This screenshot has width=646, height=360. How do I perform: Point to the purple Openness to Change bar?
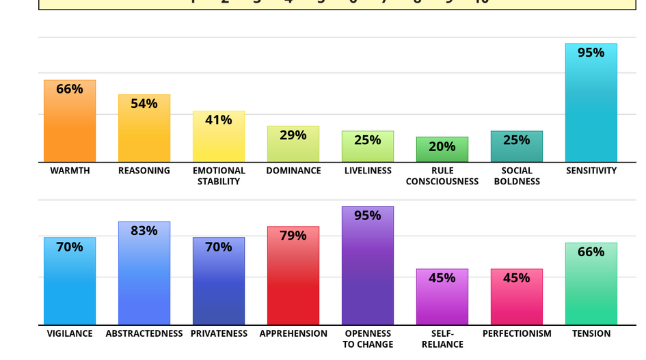(368, 273)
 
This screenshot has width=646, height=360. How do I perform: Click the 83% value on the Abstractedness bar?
(144, 231)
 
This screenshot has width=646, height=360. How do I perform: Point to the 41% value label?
(219, 120)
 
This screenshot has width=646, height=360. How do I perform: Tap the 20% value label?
(442, 146)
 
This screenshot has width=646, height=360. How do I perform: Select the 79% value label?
(293, 236)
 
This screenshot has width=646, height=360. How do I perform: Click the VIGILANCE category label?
(70, 334)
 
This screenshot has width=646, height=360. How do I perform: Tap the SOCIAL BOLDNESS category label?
(517, 176)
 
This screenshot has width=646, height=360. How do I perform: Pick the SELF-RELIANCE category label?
(442, 339)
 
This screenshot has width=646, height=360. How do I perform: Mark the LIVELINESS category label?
(368, 171)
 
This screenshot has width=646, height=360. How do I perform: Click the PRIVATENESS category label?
(219, 334)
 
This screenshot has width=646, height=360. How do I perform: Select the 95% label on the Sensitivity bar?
(591, 53)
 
